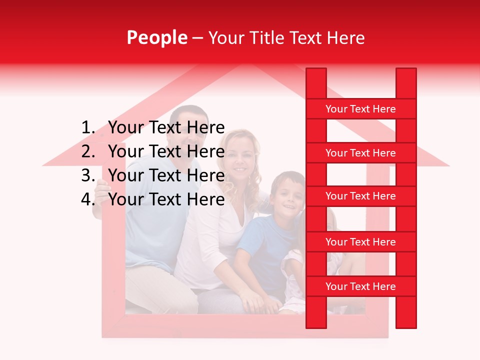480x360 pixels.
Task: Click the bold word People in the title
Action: point(156,37)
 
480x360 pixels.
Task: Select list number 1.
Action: point(88,128)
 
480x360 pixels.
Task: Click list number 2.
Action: point(88,151)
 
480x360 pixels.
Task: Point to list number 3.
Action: point(88,175)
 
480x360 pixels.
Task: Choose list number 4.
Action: point(88,199)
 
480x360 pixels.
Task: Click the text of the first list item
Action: point(166,128)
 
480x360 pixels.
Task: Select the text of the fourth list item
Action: point(166,199)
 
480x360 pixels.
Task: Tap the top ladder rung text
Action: point(360,109)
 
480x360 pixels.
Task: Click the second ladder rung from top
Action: point(360,153)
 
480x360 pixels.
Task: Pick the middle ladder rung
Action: point(360,196)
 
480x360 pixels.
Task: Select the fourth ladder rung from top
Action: point(360,242)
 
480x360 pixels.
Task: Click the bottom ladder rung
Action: point(360,286)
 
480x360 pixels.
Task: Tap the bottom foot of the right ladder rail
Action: point(406,322)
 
